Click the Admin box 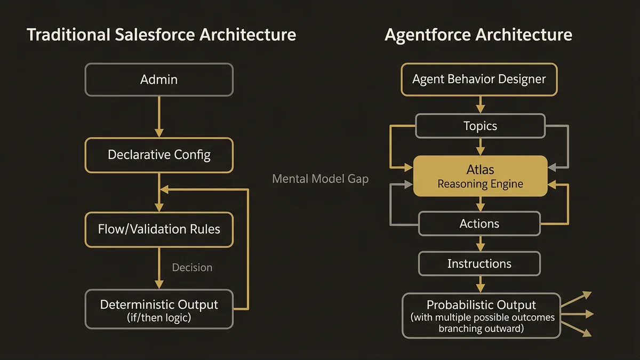(159, 79)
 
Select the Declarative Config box (159, 155)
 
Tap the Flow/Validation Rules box (159, 229)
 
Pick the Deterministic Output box (159, 309)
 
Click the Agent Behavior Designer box (479, 79)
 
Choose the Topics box (480, 126)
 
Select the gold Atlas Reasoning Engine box (480, 176)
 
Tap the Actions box (479, 223)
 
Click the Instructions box (479, 263)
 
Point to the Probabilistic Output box (481, 315)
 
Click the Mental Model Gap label (320, 179)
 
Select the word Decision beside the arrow (192, 267)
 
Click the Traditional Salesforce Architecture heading (161, 35)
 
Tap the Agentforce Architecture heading (478, 35)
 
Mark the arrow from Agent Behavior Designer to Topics (480, 105)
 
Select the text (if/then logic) (159, 318)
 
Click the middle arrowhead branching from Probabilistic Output (587, 314)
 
